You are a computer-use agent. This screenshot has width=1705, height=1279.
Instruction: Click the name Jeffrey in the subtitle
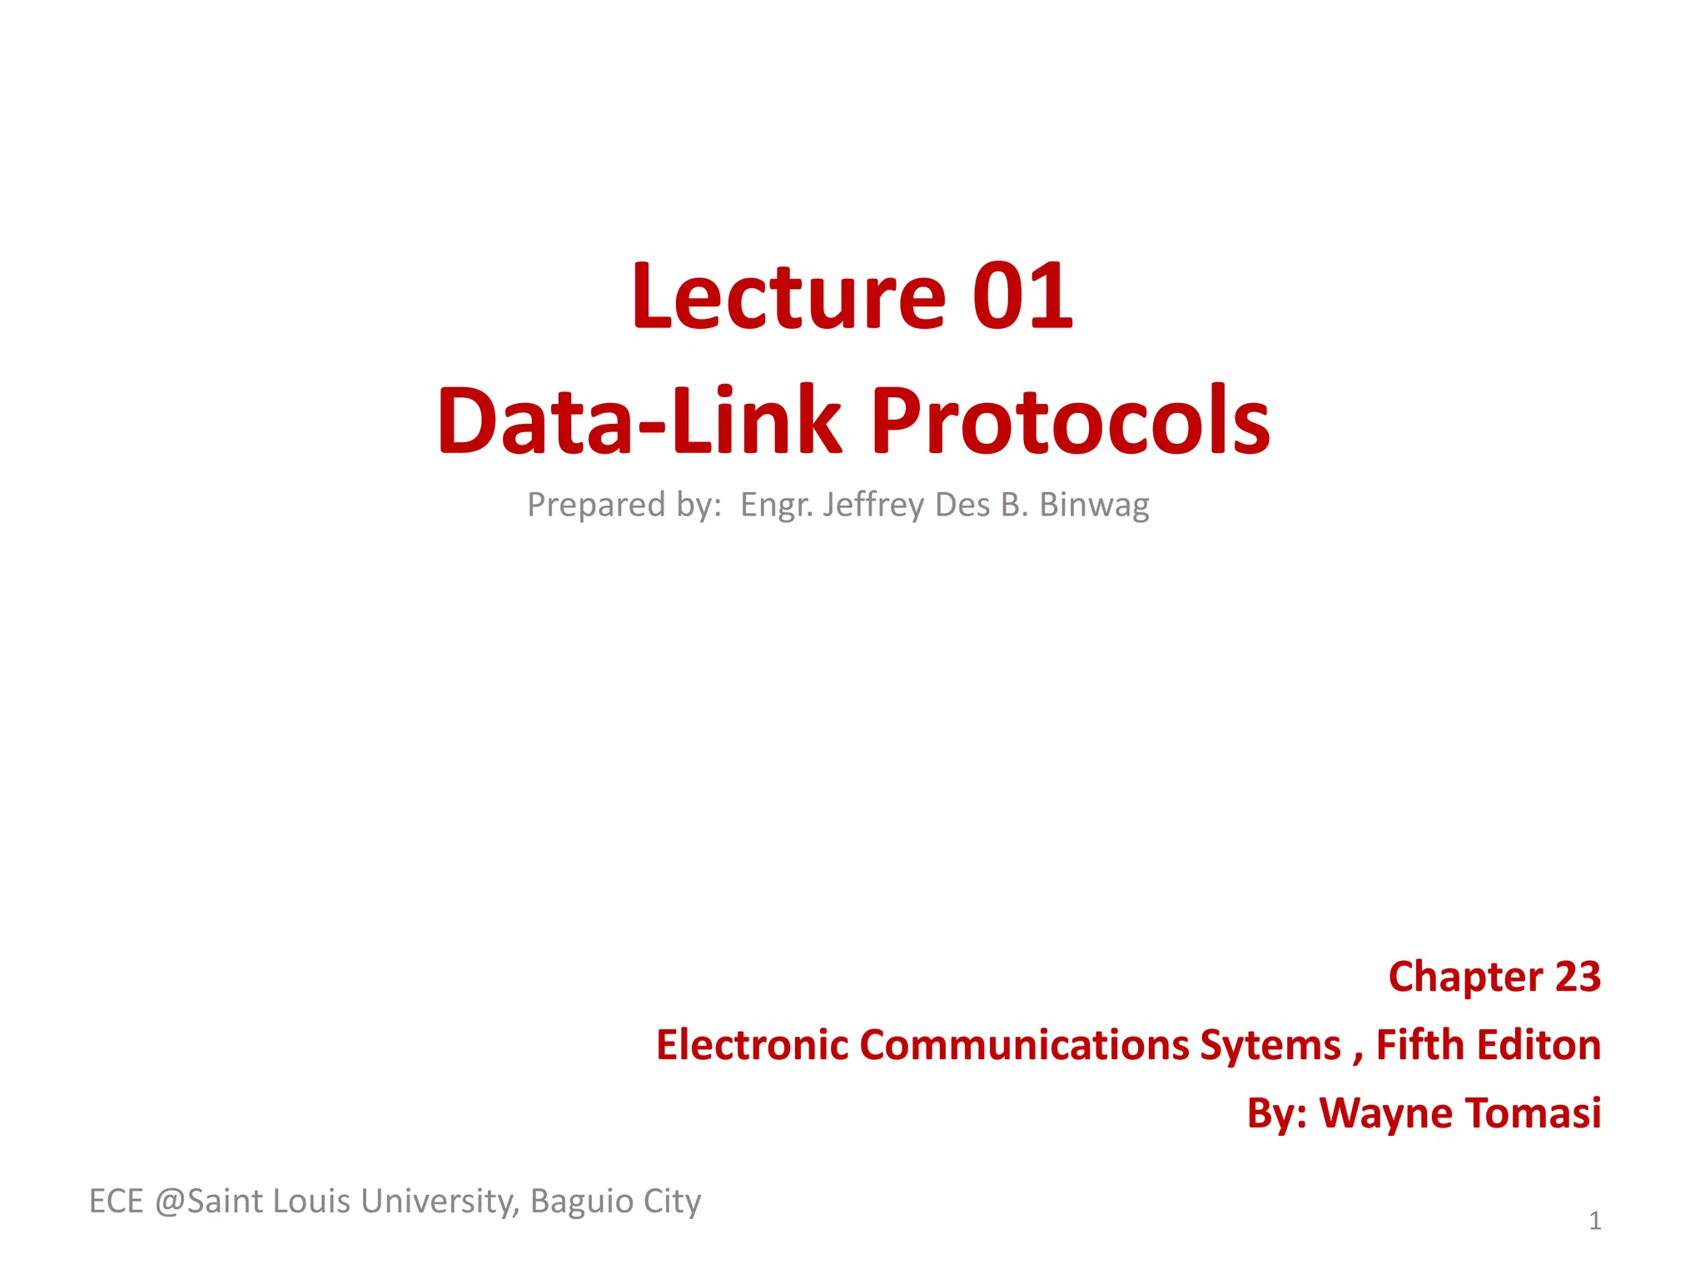click(873, 505)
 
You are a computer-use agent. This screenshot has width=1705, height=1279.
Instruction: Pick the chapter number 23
click(1578, 977)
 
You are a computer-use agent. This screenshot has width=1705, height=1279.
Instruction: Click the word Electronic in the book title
click(752, 1045)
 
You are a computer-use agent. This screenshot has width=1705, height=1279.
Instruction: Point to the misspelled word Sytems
click(1270, 1045)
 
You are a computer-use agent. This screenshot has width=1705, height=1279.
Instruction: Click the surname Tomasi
click(1532, 1113)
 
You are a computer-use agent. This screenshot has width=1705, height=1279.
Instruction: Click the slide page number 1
click(1594, 1222)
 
